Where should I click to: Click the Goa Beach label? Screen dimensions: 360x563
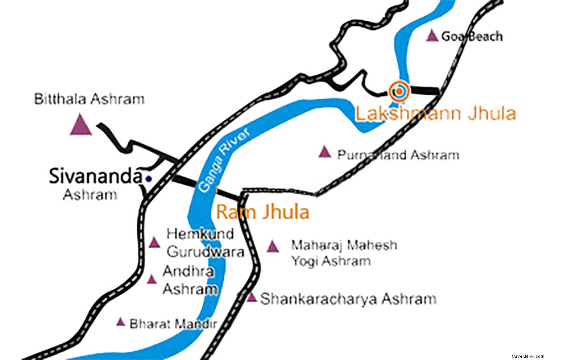point(472,36)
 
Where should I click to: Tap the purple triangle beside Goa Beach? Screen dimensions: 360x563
point(432,36)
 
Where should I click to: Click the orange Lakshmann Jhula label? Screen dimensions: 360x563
point(435,114)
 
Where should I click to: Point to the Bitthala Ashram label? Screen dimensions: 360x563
point(89,99)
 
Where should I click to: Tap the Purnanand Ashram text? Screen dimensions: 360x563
point(398,155)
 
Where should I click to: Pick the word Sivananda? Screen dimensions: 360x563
point(95,176)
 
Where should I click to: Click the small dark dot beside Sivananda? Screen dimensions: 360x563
point(149,179)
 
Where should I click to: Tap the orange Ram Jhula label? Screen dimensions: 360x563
point(263,212)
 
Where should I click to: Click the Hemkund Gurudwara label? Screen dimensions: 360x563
point(204,243)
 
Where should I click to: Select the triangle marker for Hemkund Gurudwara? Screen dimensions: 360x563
point(154,243)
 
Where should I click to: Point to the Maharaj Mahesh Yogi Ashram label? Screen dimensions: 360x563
point(344,253)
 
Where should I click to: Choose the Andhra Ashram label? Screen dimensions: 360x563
point(189,280)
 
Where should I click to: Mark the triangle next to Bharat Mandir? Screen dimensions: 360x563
point(120,322)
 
